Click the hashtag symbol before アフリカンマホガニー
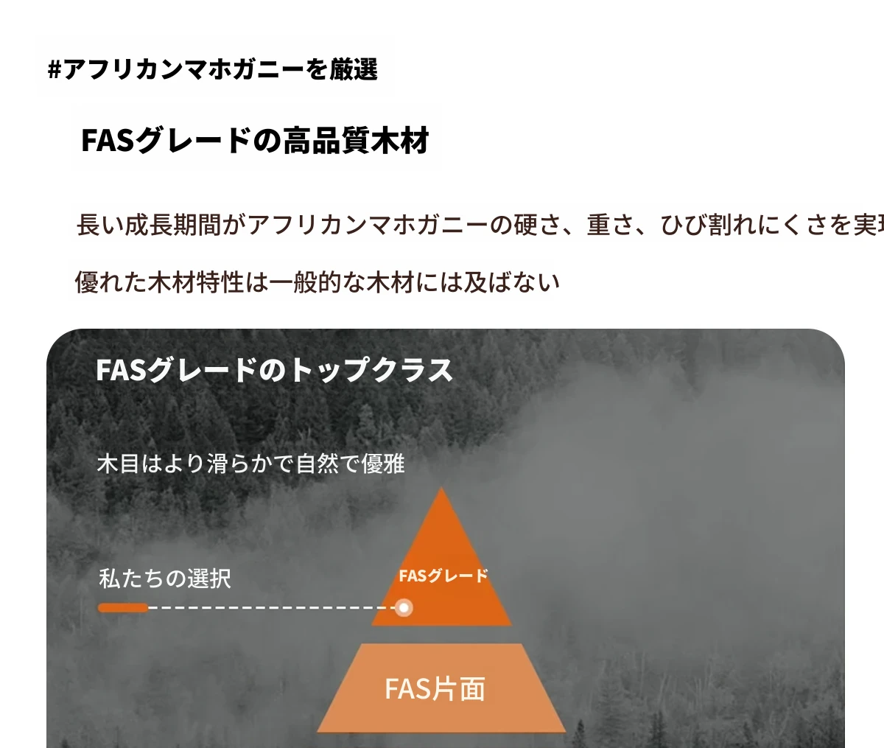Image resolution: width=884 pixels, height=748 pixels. [55, 70]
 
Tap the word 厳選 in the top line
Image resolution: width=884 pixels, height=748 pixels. [354, 69]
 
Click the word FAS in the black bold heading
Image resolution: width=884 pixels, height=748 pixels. [108, 140]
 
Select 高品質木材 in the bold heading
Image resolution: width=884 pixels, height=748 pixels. [356, 140]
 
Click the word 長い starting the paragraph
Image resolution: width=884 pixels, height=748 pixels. [99, 225]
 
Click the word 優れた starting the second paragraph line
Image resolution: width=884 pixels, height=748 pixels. [111, 282]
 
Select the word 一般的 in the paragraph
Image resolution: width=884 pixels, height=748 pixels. [306, 282]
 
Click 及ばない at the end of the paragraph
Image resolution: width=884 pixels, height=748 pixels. [512, 282]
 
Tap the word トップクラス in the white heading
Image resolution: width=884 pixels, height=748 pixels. [371, 370]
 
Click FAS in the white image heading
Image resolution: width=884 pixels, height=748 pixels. [122, 370]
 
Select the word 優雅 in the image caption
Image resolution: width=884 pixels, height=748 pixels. [383, 464]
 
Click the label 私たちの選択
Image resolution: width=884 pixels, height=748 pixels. [165, 579]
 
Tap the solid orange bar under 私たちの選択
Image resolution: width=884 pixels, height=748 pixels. [123, 608]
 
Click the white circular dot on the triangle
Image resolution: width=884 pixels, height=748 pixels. [403, 608]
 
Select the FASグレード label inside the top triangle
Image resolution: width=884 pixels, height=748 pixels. [443, 576]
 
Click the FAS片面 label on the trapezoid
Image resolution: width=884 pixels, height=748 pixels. [435, 688]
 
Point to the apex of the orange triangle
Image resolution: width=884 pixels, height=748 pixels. [441, 487]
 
